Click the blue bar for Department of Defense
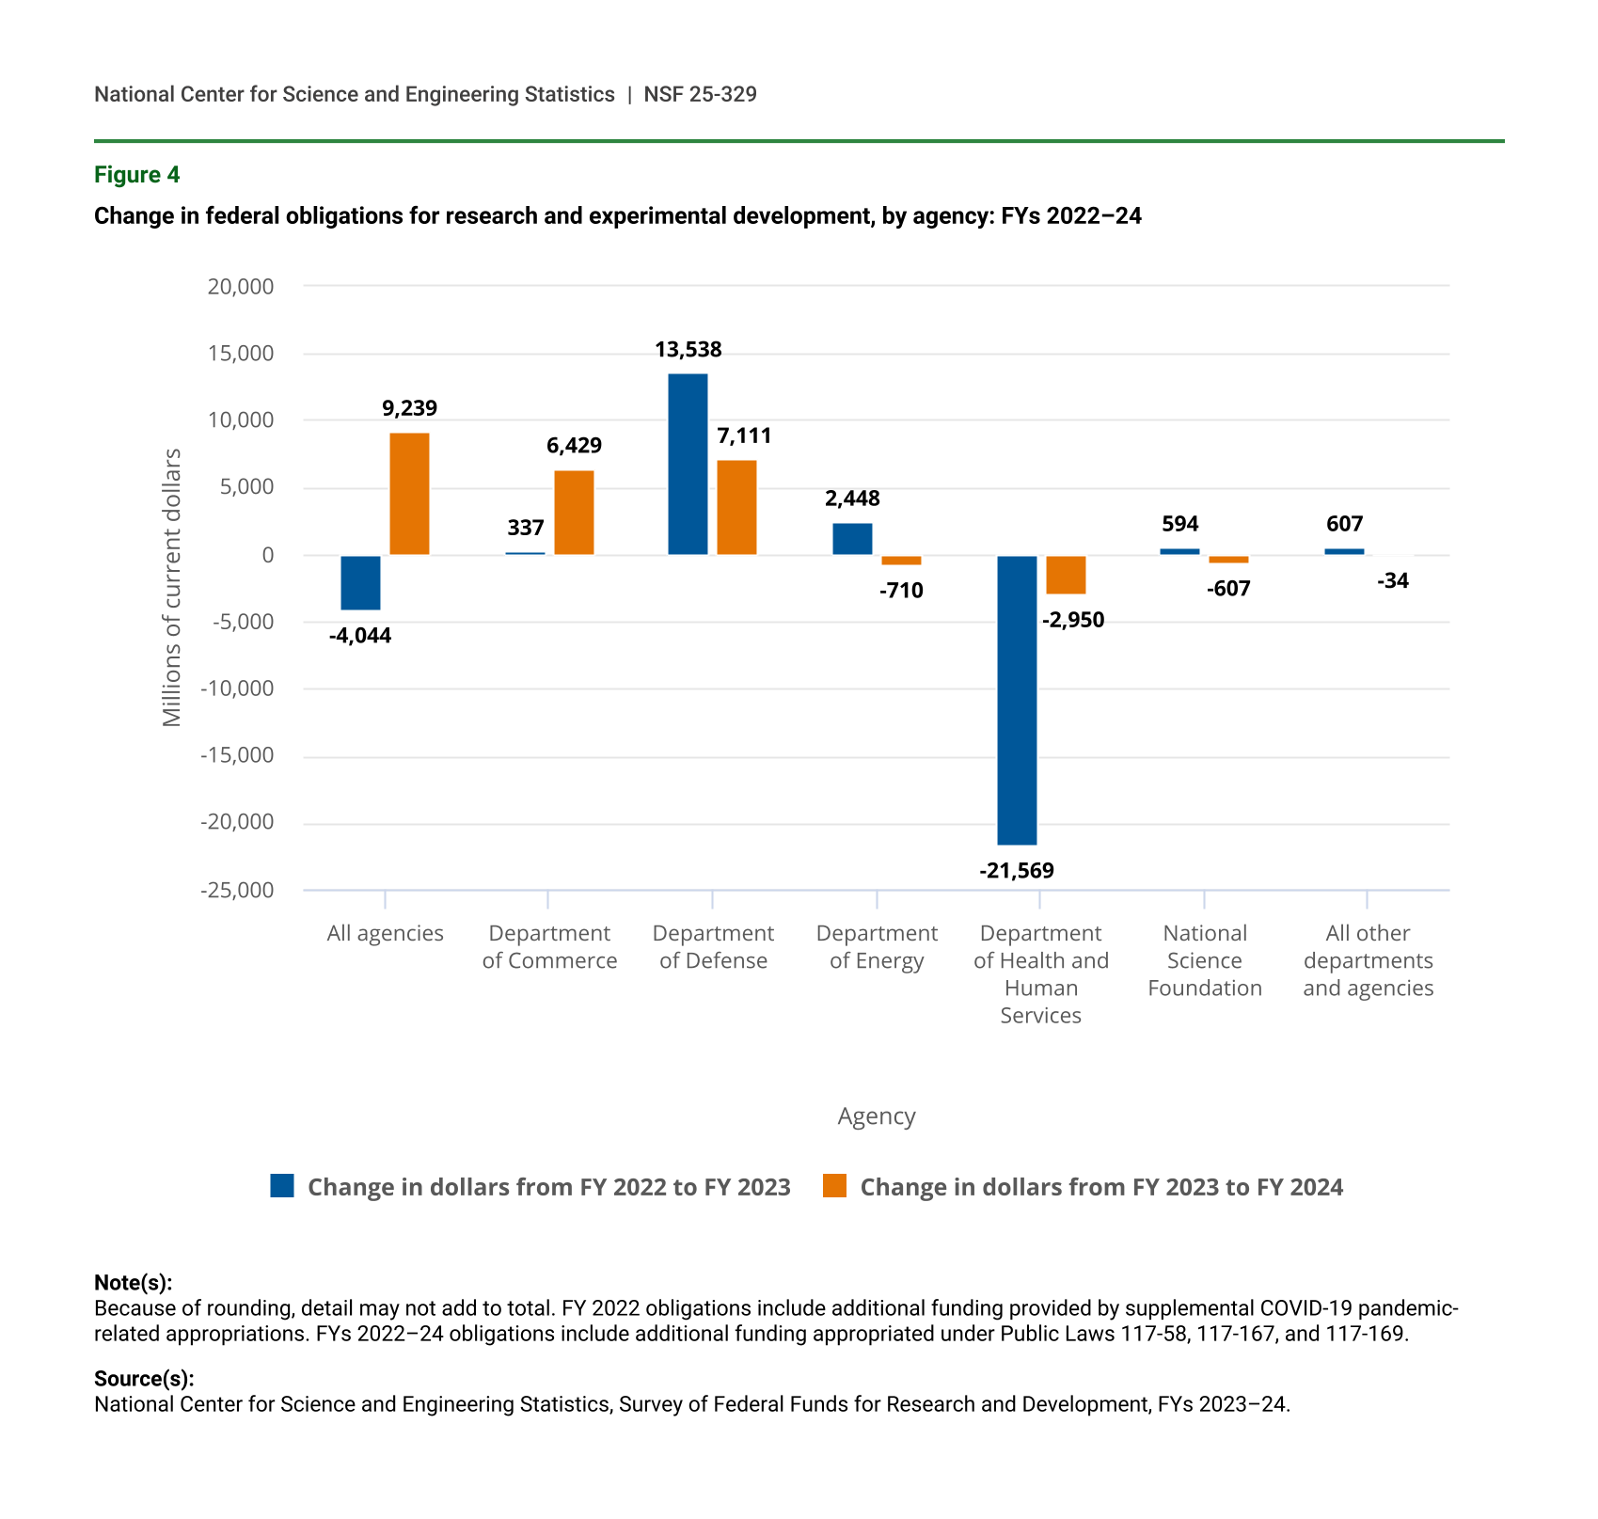pos(688,465)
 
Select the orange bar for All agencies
pos(409,494)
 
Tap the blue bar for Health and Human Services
pos(1017,700)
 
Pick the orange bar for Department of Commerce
pos(574,513)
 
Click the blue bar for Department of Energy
pos(852,539)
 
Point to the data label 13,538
pos(688,350)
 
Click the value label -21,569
pos(1017,871)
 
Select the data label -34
pos(1393,581)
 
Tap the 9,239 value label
pos(409,408)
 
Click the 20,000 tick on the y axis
pos(241,286)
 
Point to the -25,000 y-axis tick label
pos(237,890)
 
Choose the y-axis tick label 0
pos(268,555)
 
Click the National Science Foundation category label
pos(1205,960)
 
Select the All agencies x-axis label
pos(385,933)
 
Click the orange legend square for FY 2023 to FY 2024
pos(834,1186)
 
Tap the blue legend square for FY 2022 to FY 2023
pos(282,1186)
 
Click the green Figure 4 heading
pos(136,175)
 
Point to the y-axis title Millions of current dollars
pos(171,588)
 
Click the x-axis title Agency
pos(876,1116)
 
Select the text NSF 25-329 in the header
pos(700,94)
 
